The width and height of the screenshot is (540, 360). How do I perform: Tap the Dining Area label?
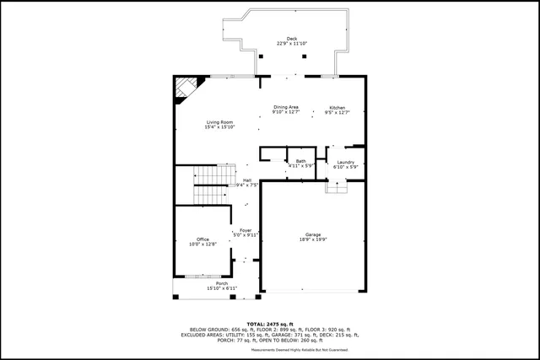[286, 107]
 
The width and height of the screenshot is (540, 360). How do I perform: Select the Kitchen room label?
[337, 108]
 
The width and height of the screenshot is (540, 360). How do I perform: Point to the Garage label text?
[313, 234]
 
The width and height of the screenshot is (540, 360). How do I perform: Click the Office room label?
[202, 239]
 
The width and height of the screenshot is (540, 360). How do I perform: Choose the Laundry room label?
[346, 162]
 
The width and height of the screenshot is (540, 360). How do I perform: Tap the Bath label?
[300, 161]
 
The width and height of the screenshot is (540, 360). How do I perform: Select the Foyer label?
[246, 230]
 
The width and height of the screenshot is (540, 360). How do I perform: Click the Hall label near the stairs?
[247, 180]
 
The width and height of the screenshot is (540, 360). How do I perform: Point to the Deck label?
[292, 39]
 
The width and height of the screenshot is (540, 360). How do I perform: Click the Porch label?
[222, 283]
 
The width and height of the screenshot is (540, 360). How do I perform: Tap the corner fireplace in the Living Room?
[186, 89]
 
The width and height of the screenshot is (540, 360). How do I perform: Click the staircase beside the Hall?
[211, 185]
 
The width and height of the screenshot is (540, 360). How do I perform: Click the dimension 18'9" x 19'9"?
[313, 240]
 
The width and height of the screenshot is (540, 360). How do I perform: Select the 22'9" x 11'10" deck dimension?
[292, 44]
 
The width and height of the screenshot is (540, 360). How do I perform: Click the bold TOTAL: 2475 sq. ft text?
[270, 324]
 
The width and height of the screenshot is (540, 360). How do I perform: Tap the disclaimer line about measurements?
[270, 349]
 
